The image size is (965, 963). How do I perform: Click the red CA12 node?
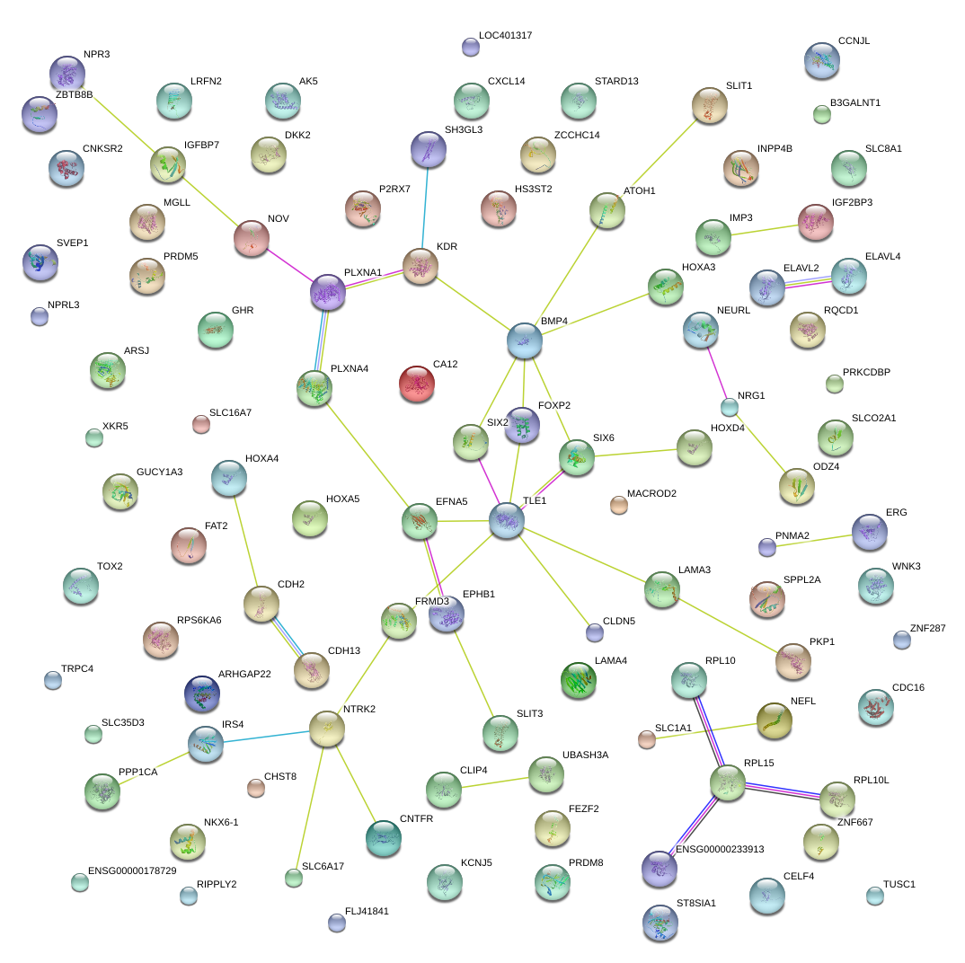coord(416,383)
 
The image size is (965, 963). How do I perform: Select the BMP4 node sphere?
coord(525,340)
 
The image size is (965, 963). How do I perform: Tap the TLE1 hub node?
coord(507,520)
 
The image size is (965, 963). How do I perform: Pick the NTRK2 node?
coord(327,729)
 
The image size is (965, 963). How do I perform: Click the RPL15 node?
coord(727,782)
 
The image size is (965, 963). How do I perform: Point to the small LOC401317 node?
coord(470,47)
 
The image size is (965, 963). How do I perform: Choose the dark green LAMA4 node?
coord(579,680)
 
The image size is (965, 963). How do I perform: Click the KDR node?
coord(421,266)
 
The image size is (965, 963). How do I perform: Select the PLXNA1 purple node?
coord(328,292)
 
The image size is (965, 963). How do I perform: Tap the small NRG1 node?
coord(730,407)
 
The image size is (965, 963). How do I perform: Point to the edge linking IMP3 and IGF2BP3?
coord(765,229)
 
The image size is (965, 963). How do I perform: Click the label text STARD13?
coord(616,82)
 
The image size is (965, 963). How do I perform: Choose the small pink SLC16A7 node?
coord(201,424)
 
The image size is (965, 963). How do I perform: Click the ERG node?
coord(869,532)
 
